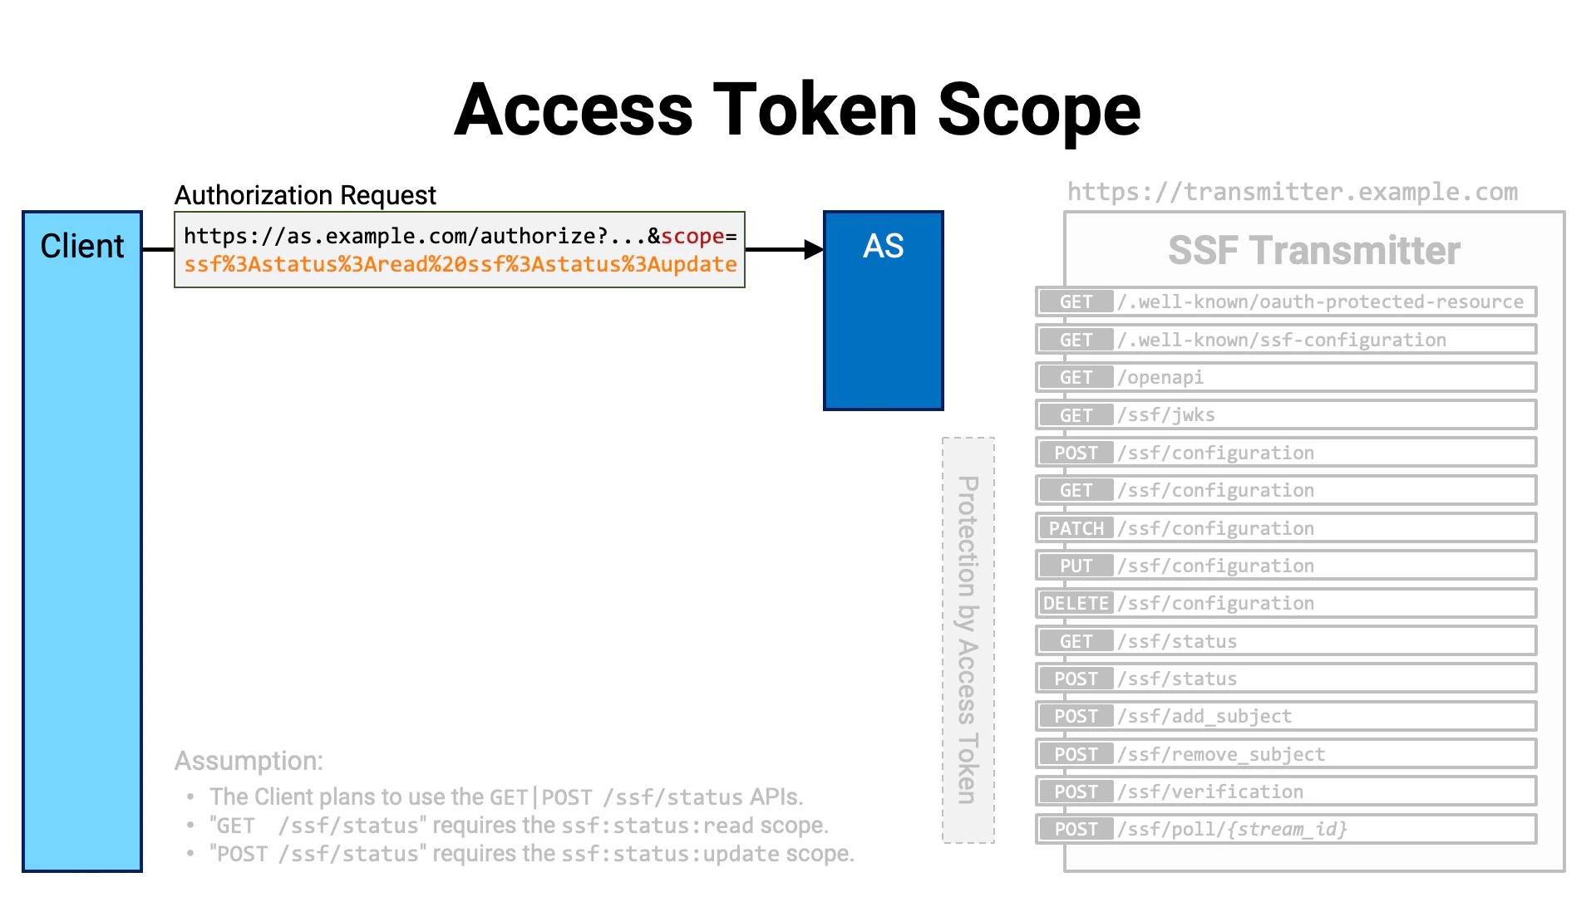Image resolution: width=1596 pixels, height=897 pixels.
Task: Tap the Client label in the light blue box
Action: pos(82,246)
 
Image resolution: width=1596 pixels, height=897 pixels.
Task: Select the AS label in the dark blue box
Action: pos(883,246)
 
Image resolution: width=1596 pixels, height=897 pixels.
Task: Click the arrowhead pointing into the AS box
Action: pos(814,249)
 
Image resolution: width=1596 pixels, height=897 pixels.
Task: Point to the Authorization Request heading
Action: pos(305,195)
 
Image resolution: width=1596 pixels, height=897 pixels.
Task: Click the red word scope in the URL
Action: pos(692,236)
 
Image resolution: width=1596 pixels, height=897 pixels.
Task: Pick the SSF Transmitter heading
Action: pos(1313,251)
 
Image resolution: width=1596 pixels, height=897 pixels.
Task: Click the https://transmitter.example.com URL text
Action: pos(1292,192)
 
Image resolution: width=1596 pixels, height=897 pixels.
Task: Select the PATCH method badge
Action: pos(1076,528)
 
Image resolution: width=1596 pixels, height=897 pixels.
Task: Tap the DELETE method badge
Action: pos(1076,603)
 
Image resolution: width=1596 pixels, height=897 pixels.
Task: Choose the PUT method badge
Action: pos(1076,566)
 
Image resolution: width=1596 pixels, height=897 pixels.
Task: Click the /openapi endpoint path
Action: pos(1160,377)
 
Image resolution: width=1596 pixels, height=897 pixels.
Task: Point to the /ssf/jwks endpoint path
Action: pos(1166,414)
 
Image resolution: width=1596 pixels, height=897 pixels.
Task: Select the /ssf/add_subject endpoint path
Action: pos(1204,716)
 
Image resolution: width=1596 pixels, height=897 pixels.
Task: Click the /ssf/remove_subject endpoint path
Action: pos(1221,754)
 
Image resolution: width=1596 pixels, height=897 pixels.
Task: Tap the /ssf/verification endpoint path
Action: pos(1210,792)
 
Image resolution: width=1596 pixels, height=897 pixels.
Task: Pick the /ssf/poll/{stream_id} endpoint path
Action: pos(1232,829)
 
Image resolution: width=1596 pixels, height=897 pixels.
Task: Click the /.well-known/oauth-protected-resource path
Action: pos(1320,301)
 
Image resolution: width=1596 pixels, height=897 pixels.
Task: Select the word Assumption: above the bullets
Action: pos(249,761)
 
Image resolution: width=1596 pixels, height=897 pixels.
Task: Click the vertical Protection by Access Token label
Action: pos(968,640)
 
